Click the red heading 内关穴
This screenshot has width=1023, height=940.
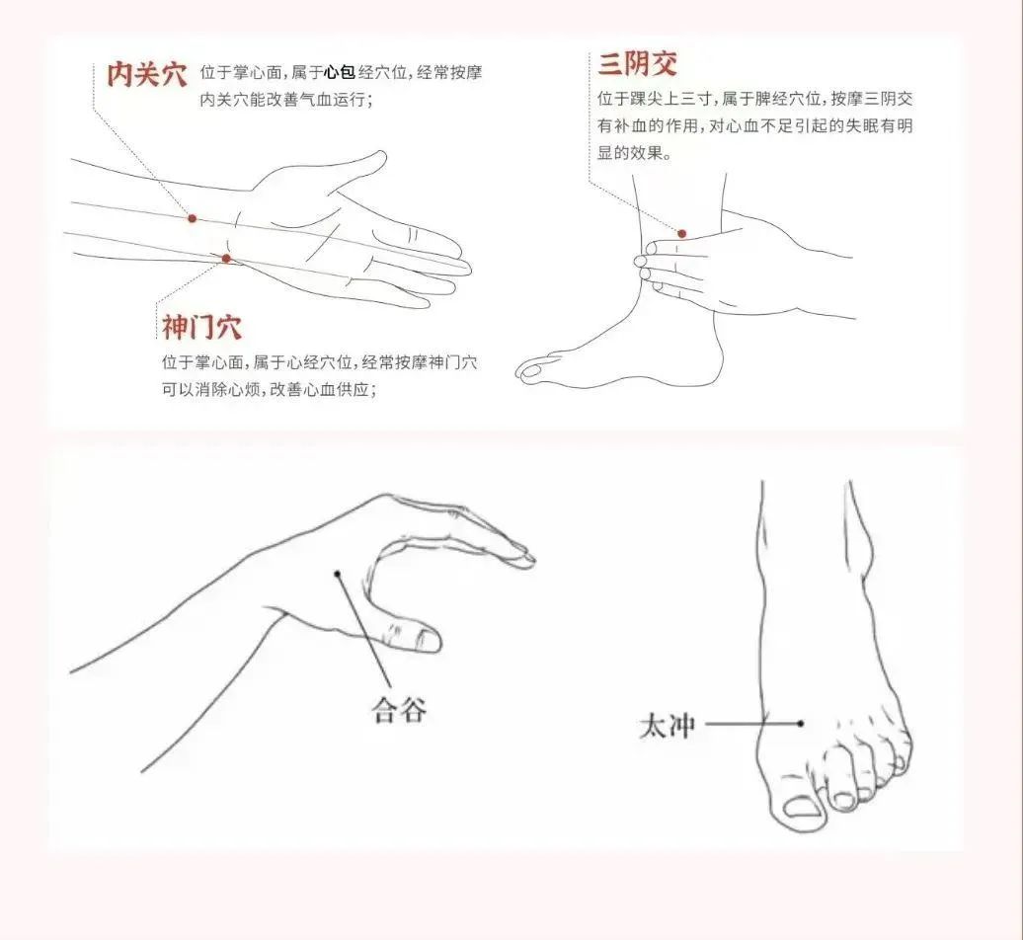(147, 74)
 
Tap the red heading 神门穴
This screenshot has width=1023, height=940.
(201, 327)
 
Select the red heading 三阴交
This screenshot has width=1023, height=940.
(638, 64)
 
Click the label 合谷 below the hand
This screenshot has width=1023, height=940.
(399, 709)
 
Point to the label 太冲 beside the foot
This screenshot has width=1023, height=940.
(667, 726)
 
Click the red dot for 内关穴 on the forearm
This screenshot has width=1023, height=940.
(192, 218)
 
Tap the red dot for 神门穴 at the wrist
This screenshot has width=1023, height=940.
(226, 259)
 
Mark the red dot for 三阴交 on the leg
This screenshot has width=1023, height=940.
(681, 234)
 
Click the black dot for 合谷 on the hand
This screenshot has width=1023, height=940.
(338, 574)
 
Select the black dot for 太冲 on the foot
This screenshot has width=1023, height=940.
(801, 724)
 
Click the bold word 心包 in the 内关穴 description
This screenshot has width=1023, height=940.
(340, 72)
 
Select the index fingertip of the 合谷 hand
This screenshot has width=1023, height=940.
(526, 557)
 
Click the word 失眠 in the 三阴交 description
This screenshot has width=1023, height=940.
(862, 126)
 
